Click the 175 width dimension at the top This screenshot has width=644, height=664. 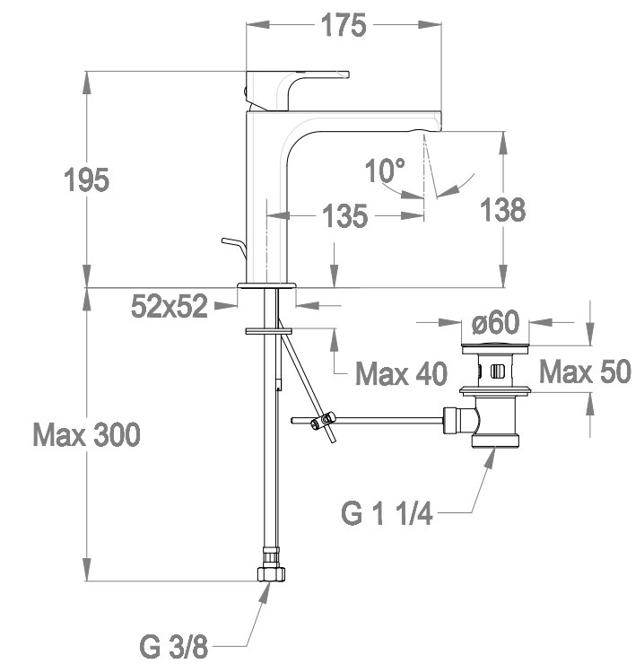tap(344, 25)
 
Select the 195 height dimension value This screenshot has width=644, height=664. tap(86, 179)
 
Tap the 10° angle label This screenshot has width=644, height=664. tap(385, 170)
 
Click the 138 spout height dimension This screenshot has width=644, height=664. tap(503, 209)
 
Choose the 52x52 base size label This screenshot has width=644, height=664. tap(170, 306)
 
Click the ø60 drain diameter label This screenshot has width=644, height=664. tap(495, 322)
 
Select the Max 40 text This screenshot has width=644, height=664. tap(401, 373)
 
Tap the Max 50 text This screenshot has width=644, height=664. tap(585, 371)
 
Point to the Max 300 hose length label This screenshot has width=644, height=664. tap(86, 434)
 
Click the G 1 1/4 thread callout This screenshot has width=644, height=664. tap(387, 513)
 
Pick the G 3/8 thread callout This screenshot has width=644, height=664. tap(174, 647)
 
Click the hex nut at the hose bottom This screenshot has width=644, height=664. tap(271, 573)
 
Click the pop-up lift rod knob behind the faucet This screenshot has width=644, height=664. tap(233, 247)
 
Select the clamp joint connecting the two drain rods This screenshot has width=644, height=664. tap(322, 420)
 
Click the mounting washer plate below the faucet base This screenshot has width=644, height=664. tap(268, 330)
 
